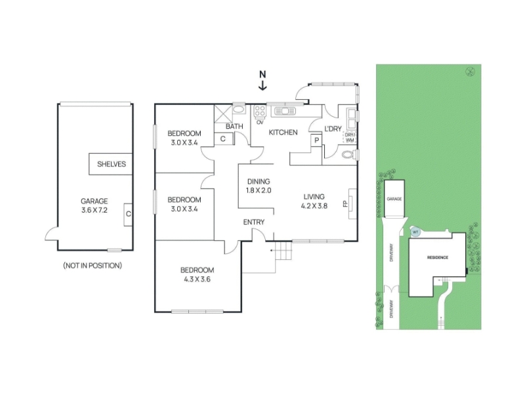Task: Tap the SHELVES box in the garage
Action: pos(111,164)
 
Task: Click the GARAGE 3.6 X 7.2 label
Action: pos(94,206)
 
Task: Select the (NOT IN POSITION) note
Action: pos(93,265)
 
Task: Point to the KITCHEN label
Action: pos(283,133)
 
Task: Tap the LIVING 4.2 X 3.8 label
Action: pos(314,200)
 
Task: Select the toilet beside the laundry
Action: pos(350,154)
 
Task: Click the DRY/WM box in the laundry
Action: pos(350,138)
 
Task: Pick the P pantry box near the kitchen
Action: pos(316,140)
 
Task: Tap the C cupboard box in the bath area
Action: pos(223,139)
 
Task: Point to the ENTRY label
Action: pos(254,223)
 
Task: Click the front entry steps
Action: pos(282,250)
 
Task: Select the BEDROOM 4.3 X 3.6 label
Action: pos(198,274)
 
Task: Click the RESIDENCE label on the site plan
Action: pos(438,257)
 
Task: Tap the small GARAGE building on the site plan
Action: pos(394,199)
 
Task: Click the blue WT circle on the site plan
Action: pos(415,231)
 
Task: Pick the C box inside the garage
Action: pos(129,214)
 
